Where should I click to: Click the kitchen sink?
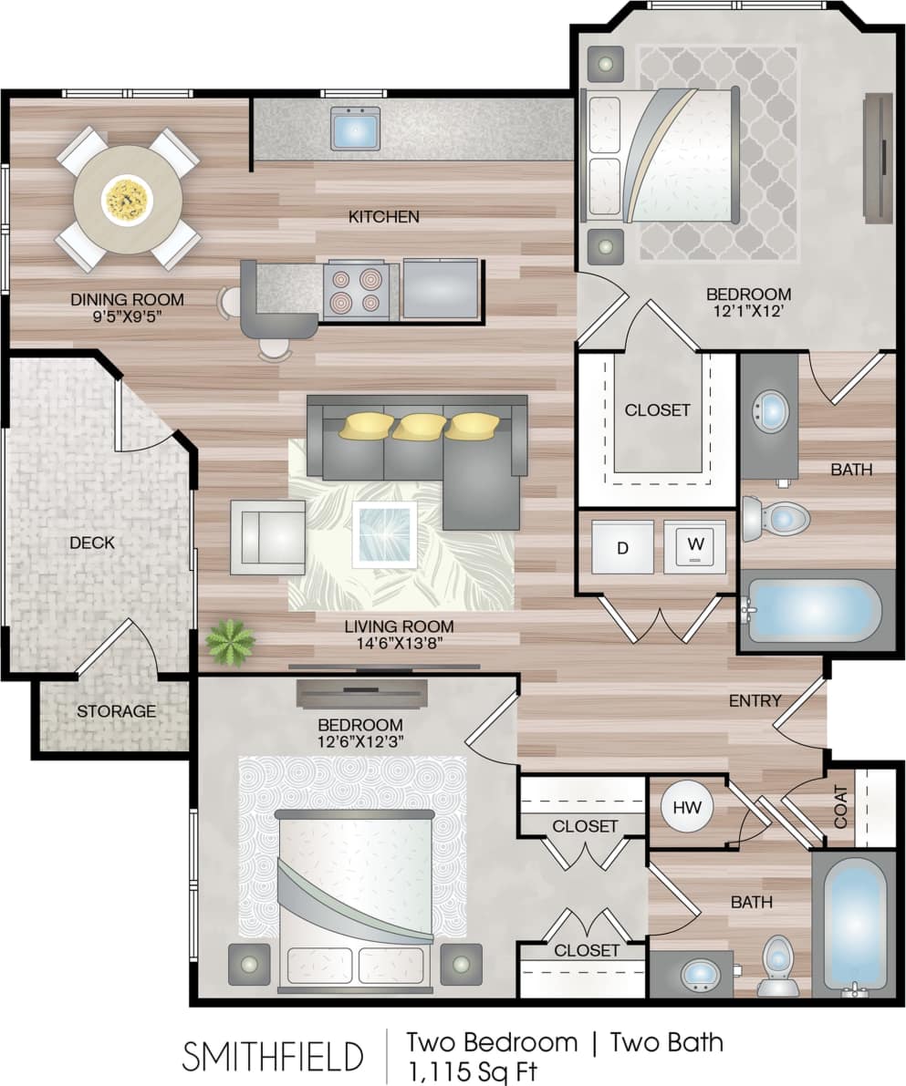[355, 129]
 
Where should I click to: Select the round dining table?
[127, 198]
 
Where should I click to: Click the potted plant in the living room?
[230, 641]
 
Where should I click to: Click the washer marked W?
[694, 547]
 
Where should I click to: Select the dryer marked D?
[622, 547]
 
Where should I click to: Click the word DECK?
[92, 543]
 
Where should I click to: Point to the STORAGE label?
[116, 711]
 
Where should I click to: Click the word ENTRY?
[755, 700]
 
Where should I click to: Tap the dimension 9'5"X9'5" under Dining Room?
[128, 316]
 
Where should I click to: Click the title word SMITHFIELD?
[273, 1056]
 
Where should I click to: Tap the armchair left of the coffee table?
[267, 537]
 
